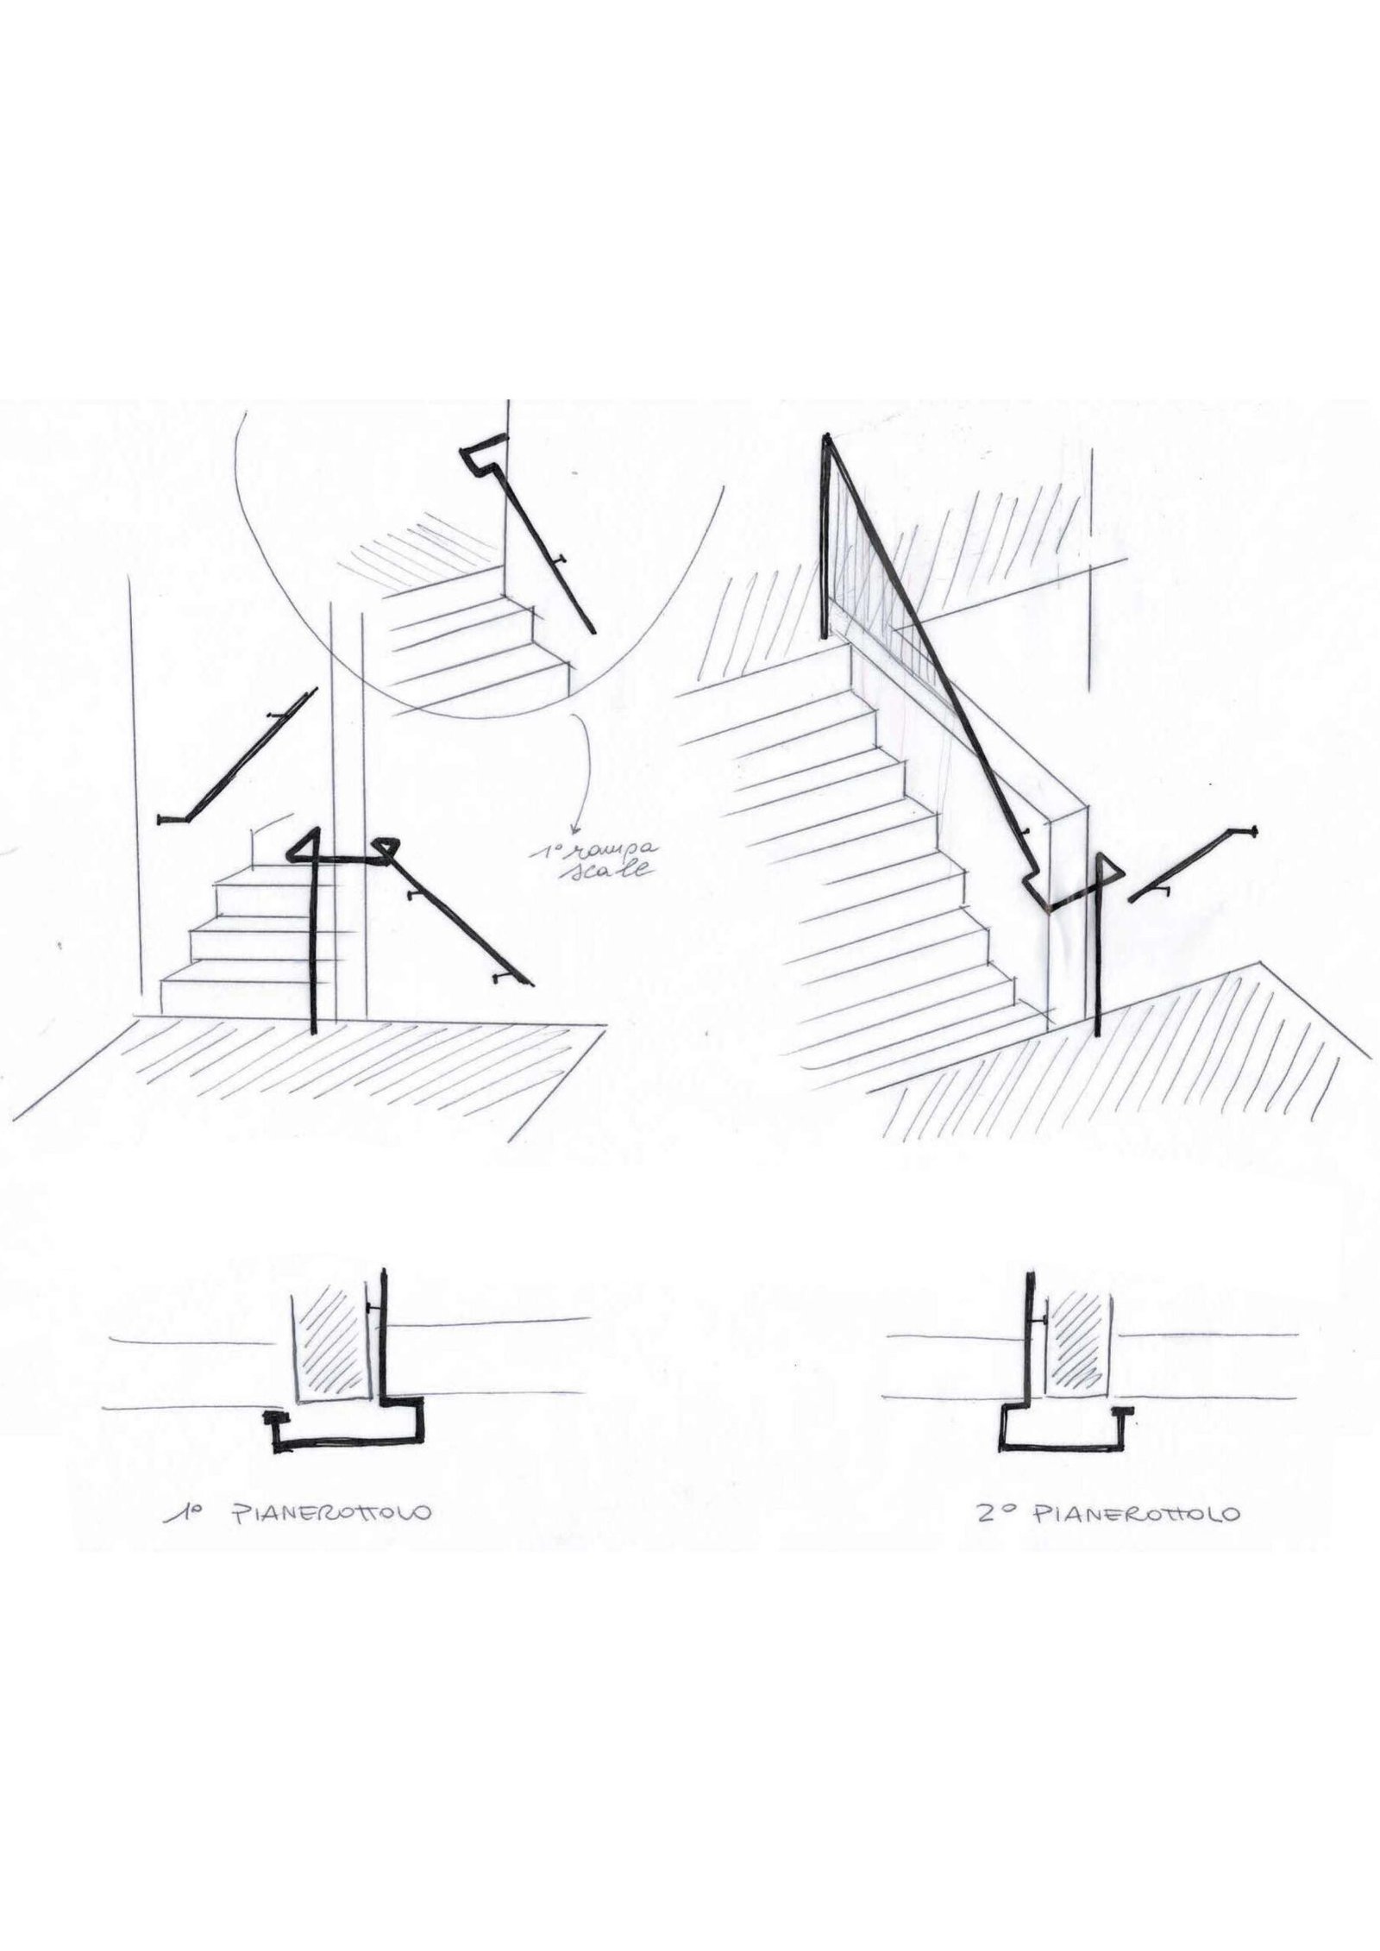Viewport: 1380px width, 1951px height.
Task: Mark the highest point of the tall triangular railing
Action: click(x=827, y=435)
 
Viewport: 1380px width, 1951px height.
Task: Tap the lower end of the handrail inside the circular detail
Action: click(x=593, y=632)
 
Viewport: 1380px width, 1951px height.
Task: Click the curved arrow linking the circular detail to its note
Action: click(x=589, y=776)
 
